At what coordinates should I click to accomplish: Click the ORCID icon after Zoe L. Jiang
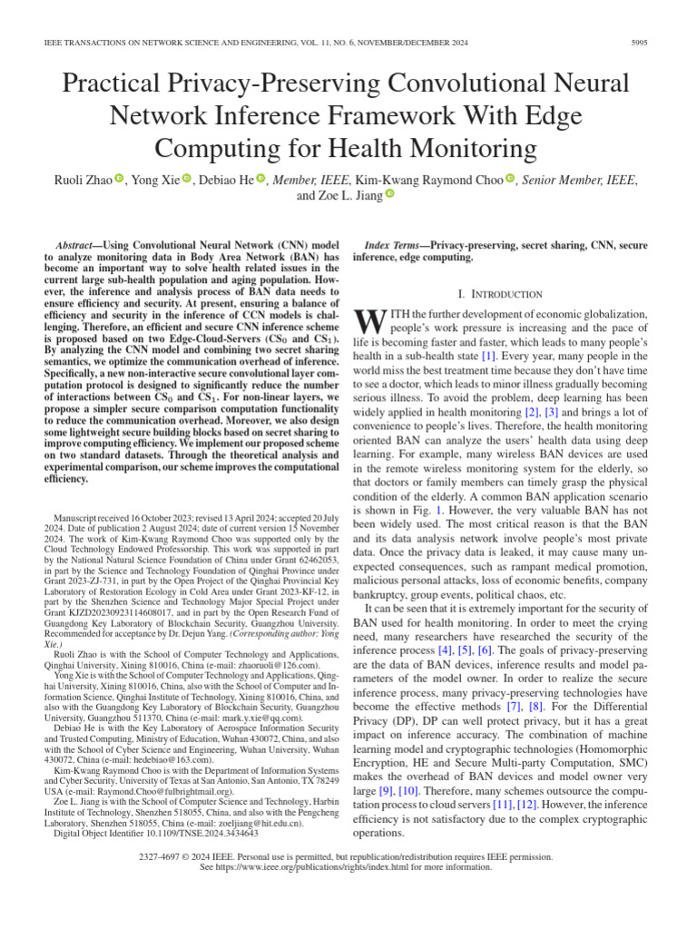(x=390, y=194)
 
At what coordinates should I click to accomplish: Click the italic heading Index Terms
(x=395, y=246)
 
